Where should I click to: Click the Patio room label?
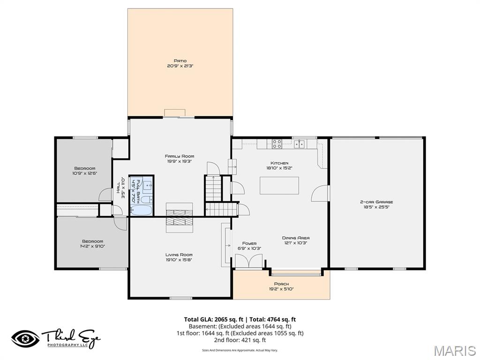click(180, 63)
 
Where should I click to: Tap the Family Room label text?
click(179, 158)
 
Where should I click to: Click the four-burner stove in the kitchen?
click(277, 144)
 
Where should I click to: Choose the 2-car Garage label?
click(376, 204)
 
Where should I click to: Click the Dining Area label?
click(295, 240)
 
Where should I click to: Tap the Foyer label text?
click(249, 246)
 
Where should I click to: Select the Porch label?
click(281, 286)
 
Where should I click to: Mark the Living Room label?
click(179, 257)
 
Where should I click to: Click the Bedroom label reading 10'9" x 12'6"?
click(84, 171)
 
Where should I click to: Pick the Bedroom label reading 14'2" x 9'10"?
click(92, 243)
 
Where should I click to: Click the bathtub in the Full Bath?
click(141, 210)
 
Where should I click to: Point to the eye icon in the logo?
click(26, 338)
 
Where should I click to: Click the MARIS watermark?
click(454, 351)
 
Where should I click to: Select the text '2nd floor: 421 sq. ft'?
click(240, 340)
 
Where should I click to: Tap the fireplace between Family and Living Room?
click(179, 217)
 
